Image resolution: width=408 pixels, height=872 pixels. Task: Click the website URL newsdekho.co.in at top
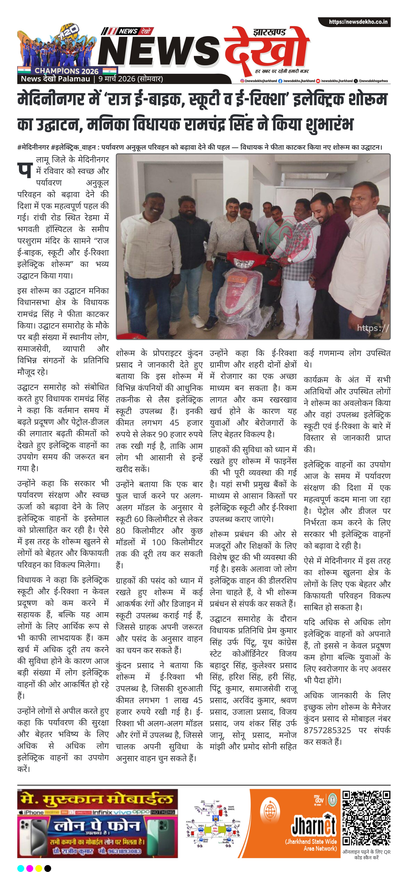point(358,22)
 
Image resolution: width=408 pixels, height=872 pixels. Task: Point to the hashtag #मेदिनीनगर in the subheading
point(33,147)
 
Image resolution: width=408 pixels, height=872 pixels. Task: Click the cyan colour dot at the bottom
point(21,868)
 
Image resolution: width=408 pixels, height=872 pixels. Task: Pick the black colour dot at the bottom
point(48,868)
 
